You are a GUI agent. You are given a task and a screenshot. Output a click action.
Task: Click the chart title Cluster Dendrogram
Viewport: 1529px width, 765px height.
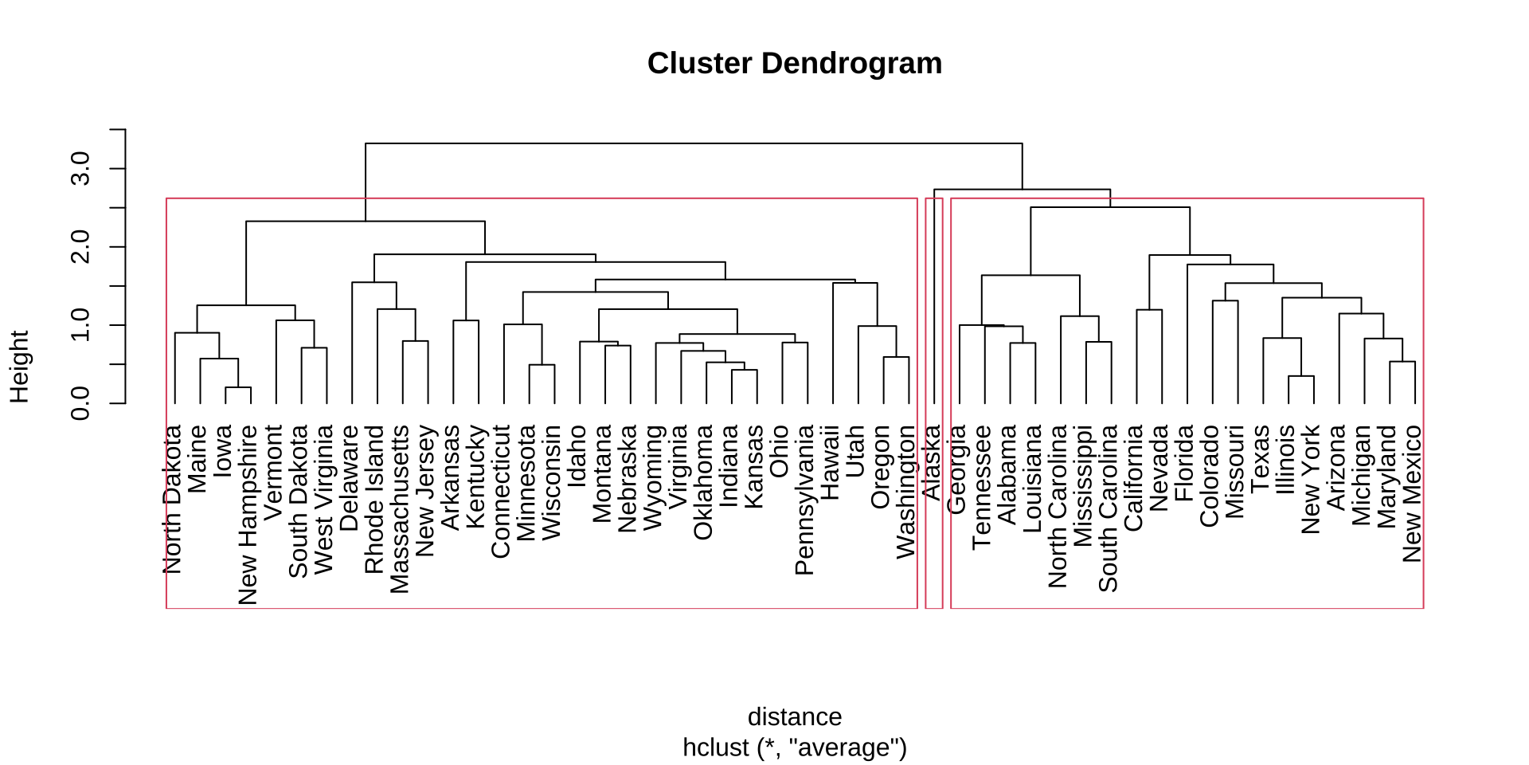coord(794,64)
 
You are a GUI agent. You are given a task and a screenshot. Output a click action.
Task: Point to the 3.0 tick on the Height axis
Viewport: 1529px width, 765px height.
coord(118,169)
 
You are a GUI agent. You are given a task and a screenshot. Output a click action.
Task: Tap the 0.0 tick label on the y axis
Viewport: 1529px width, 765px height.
coord(80,403)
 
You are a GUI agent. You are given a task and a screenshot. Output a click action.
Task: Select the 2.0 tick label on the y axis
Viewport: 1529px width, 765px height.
coord(80,247)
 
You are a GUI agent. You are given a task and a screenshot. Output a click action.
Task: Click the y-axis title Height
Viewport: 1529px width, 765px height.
coord(19,367)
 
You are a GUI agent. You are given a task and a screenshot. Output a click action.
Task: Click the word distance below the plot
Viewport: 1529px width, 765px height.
coord(794,717)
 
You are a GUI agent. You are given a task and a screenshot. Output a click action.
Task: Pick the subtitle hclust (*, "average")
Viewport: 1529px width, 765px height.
coord(794,747)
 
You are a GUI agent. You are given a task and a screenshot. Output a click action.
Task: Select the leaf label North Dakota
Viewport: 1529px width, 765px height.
coord(172,499)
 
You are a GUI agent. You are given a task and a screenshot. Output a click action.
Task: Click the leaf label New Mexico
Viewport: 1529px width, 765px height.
coord(1411,493)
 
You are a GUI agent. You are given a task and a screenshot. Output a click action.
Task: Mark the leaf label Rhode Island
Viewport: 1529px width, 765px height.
coord(373,499)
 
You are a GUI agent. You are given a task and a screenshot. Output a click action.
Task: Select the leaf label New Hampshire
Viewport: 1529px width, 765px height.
coord(248,515)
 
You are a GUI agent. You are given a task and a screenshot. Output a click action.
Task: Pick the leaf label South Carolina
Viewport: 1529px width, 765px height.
coord(1107,508)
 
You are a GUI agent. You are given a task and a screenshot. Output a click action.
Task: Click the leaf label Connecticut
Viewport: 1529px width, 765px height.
coord(500,491)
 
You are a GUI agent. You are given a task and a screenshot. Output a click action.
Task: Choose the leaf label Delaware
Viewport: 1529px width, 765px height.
coord(349,477)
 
